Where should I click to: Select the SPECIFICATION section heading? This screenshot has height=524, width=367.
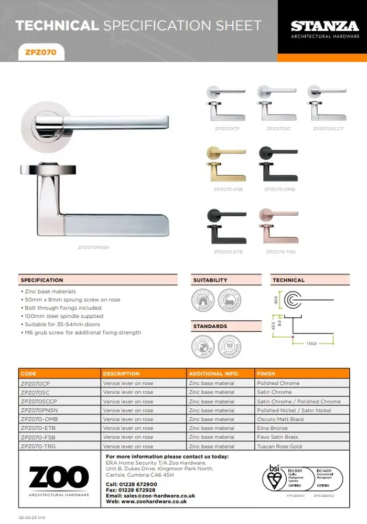pos(42,280)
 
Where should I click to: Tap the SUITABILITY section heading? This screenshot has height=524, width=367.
pos(210,280)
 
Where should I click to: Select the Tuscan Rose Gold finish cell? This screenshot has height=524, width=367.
pos(279,447)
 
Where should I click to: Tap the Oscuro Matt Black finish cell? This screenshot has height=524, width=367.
pos(280,419)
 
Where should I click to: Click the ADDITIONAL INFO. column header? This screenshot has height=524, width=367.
pos(214,374)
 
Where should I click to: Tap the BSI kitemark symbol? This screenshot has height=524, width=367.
pos(274,478)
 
